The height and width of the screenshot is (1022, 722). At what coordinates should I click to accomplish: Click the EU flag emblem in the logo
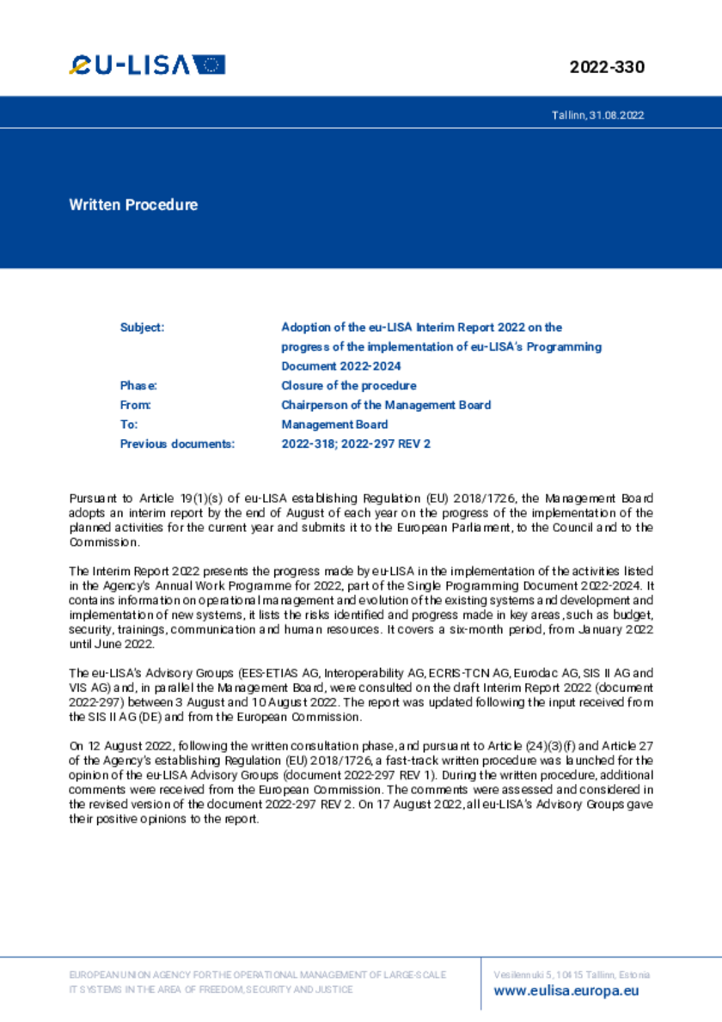click(209, 64)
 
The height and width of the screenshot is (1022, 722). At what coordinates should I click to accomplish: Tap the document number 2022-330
click(606, 67)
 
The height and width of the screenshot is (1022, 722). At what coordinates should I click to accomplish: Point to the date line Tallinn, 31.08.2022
click(597, 114)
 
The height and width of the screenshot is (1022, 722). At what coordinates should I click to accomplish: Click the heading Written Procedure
click(133, 205)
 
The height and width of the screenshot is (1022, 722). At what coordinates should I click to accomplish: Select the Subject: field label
click(142, 327)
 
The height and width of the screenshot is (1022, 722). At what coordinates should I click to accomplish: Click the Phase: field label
click(138, 386)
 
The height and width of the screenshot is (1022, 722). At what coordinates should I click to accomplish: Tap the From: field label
click(136, 405)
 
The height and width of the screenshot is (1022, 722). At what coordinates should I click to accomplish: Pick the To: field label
click(129, 425)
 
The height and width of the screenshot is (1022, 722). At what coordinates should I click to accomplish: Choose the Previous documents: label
click(177, 444)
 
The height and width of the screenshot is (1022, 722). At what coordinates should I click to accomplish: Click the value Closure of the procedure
click(348, 386)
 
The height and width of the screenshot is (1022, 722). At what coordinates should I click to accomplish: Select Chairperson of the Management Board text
click(386, 405)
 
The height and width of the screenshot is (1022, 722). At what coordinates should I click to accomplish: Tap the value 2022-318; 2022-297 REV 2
click(355, 444)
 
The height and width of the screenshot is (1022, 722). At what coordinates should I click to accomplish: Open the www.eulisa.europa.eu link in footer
click(566, 991)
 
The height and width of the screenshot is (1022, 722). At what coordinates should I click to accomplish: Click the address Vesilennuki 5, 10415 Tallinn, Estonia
click(572, 975)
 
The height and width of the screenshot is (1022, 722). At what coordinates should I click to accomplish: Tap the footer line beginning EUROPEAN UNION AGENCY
click(256, 975)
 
